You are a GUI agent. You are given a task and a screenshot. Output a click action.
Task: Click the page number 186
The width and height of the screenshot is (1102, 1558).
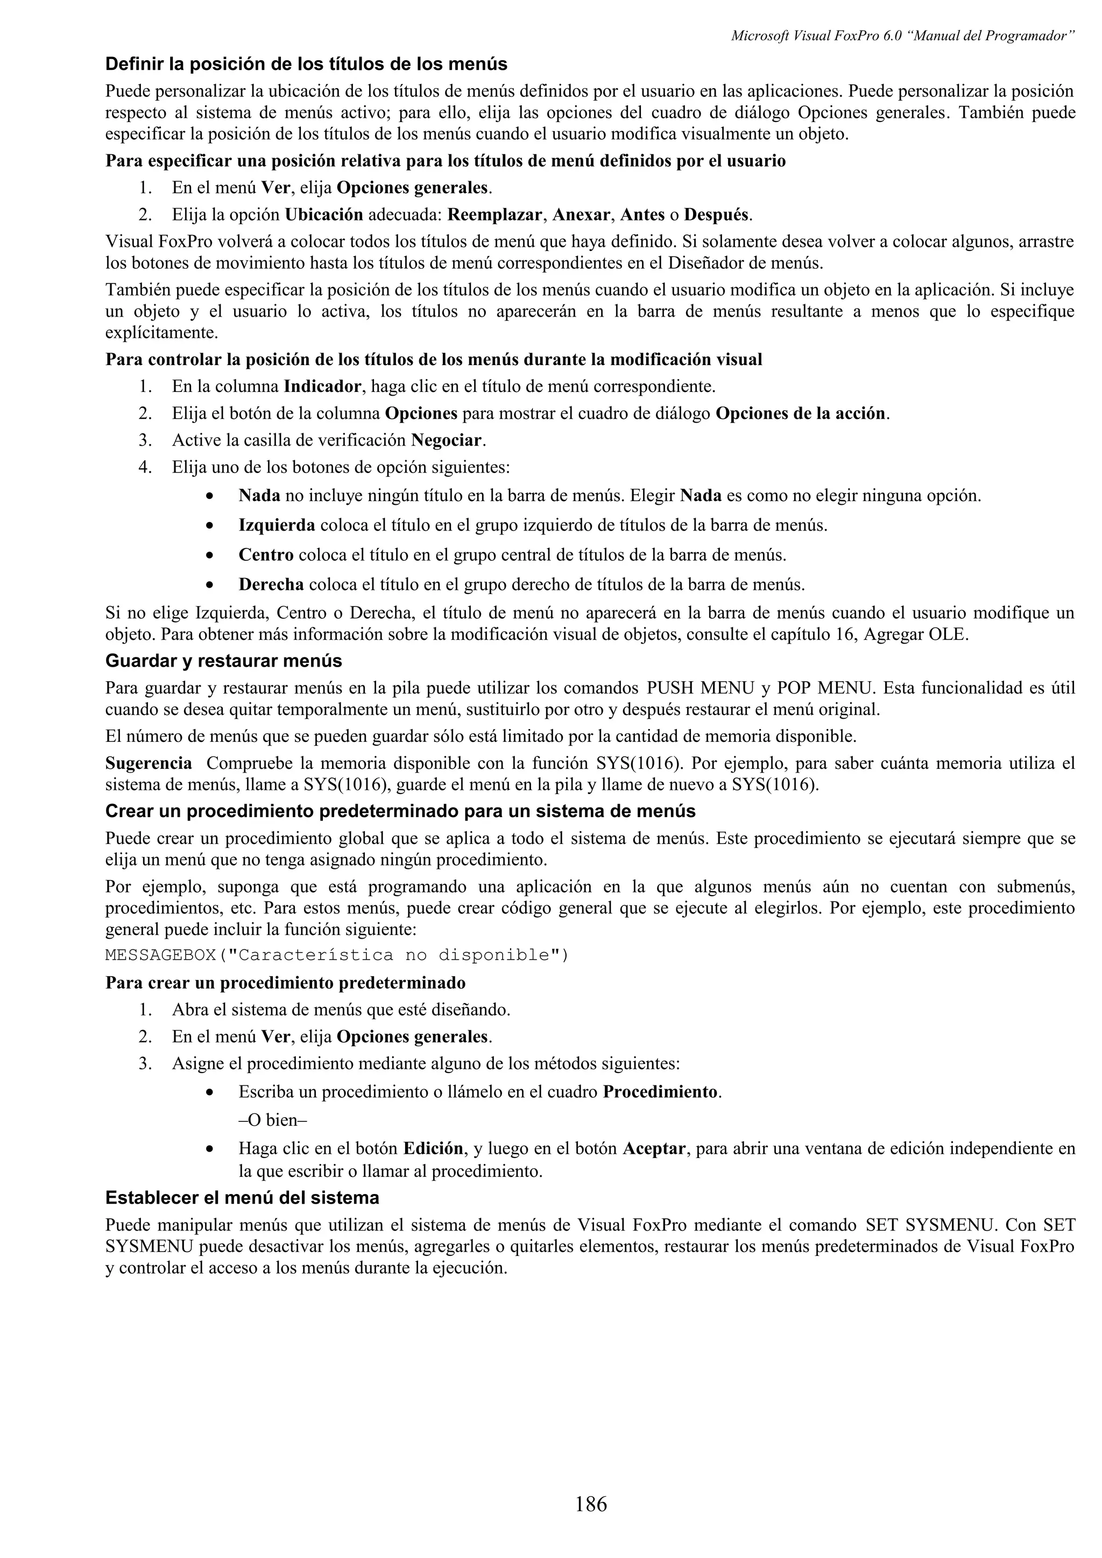point(590,1504)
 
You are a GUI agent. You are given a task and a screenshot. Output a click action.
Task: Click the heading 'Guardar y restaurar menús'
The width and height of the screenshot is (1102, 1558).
point(223,661)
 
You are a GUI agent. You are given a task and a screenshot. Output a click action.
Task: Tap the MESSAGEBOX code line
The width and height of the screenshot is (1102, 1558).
point(337,955)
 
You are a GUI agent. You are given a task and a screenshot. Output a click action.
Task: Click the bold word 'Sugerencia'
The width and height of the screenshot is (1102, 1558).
point(149,763)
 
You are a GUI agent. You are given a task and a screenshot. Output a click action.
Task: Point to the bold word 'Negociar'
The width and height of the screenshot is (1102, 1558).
point(448,440)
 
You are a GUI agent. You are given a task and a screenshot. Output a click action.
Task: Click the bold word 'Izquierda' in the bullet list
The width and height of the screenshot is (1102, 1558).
point(277,525)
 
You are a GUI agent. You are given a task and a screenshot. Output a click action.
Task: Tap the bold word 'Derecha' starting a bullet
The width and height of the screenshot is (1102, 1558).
point(271,585)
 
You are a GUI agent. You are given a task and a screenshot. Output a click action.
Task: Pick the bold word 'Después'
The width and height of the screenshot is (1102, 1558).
point(716,215)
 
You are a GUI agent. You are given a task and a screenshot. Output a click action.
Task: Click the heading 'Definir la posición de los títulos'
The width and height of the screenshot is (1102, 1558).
point(306,65)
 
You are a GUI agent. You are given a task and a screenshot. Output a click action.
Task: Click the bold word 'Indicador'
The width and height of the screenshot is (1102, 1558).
point(322,387)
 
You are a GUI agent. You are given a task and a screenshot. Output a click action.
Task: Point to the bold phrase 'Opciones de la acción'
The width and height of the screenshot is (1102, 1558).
point(801,414)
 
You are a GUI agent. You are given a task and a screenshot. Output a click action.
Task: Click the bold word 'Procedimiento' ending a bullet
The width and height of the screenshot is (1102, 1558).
point(660,1092)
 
